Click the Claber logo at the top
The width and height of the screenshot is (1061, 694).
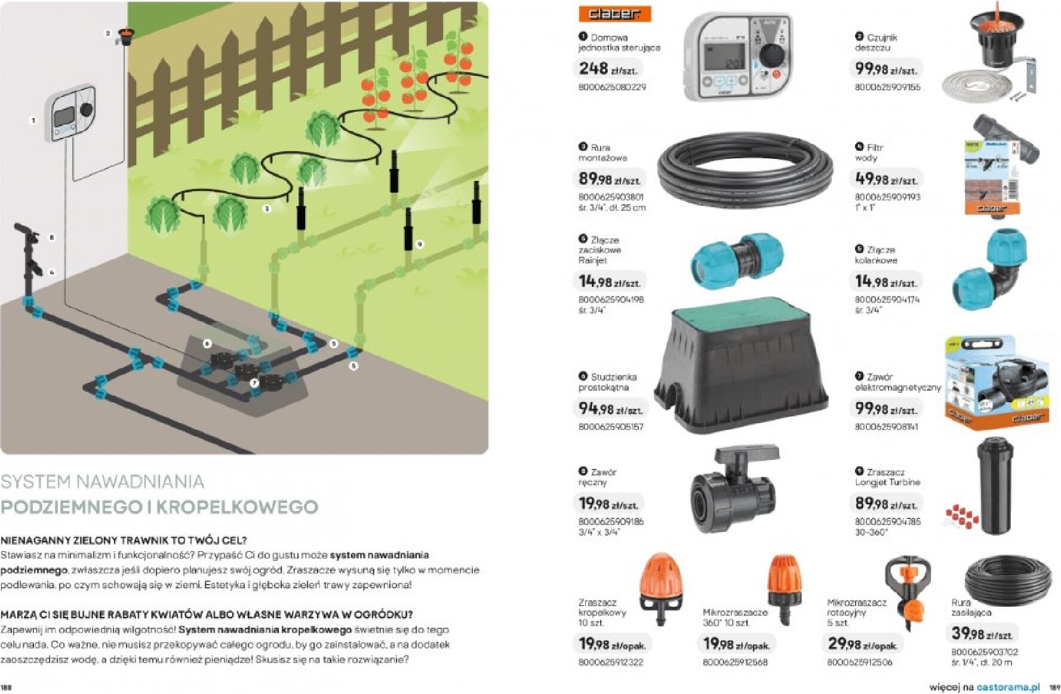(614, 14)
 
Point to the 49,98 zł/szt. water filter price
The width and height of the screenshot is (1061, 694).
(885, 179)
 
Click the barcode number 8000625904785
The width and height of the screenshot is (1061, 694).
(887, 521)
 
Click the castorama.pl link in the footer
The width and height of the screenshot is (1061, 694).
(1007, 687)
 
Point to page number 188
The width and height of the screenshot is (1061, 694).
(7, 687)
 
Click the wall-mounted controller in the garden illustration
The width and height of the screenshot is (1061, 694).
(71, 114)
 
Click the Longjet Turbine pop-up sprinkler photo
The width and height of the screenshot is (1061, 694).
(995, 484)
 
